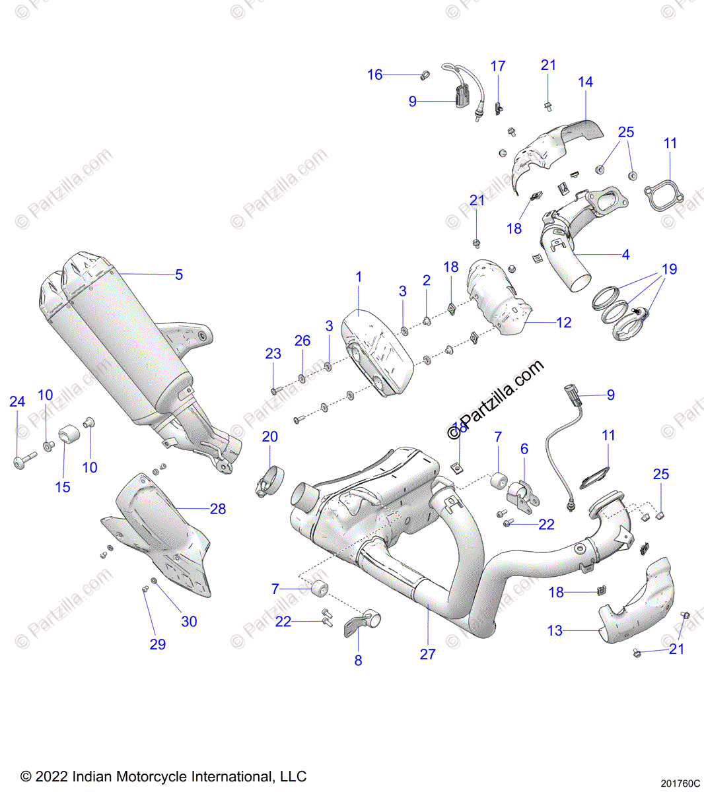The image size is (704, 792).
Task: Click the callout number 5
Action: tap(179, 275)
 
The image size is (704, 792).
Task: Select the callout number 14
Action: tap(586, 82)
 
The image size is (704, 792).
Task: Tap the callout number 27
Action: tap(428, 654)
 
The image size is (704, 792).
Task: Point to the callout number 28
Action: tap(218, 509)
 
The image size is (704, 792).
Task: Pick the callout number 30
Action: tap(190, 622)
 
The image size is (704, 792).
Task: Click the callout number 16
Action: tap(375, 75)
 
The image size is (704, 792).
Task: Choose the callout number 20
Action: tap(270, 437)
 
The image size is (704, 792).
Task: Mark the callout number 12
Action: tap(564, 323)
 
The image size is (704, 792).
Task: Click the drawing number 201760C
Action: tap(680, 784)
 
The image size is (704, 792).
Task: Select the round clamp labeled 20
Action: tap(269, 481)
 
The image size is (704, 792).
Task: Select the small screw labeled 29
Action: tap(145, 589)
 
